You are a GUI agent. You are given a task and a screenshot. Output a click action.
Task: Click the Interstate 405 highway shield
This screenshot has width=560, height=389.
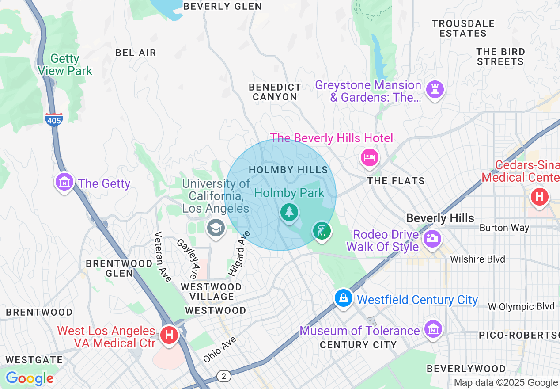pyautogui.click(x=53, y=119)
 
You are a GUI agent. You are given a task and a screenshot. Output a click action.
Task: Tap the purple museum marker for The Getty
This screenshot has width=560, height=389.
pyautogui.click(x=64, y=182)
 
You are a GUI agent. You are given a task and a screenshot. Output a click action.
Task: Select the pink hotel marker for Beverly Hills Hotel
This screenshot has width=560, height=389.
pyautogui.click(x=369, y=157)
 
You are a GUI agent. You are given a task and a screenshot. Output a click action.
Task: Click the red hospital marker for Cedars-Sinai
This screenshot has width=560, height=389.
pyautogui.click(x=539, y=196)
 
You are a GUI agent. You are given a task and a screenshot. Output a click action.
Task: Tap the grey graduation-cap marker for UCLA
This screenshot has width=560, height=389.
pyautogui.click(x=216, y=228)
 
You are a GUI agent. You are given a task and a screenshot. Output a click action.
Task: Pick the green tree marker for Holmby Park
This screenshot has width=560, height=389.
pyautogui.click(x=289, y=213)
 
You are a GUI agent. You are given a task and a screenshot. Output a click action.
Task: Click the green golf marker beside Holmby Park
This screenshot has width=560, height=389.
pyautogui.click(x=322, y=231)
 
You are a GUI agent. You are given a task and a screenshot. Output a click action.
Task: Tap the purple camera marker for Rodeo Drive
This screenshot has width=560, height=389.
pyautogui.click(x=432, y=239)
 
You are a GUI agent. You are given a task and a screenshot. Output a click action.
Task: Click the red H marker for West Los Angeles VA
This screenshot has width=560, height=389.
pyautogui.click(x=169, y=335)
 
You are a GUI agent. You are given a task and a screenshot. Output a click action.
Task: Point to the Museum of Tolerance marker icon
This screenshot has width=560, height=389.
pyautogui.click(x=433, y=328)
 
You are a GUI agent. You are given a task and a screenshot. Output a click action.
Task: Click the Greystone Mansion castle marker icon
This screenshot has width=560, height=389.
pyautogui.click(x=435, y=89)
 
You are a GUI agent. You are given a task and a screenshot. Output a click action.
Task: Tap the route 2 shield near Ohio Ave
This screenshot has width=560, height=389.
pyautogui.click(x=224, y=376)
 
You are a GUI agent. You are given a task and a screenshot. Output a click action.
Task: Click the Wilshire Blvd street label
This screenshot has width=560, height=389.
pyautogui.click(x=477, y=259)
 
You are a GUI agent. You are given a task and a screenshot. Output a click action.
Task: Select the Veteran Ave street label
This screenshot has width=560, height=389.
pyautogui.click(x=162, y=256)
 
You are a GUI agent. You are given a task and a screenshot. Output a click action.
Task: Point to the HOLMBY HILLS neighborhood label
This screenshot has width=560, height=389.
pyautogui.click(x=288, y=170)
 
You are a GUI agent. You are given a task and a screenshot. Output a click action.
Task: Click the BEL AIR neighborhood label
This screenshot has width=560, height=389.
pyautogui.click(x=136, y=53)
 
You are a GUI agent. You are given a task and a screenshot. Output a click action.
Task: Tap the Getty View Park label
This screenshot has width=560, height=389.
pyautogui.click(x=65, y=65)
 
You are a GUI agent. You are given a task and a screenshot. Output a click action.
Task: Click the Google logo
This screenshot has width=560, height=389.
pyautogui.click(x=30, y=378)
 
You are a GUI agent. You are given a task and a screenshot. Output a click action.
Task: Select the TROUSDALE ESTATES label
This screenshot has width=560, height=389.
pyautogui.click(x=463, y=28)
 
